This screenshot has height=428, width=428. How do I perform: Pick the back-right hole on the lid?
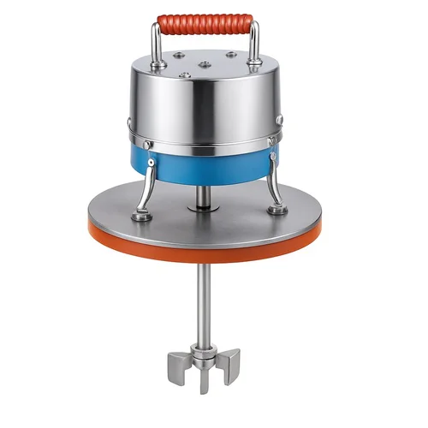230,55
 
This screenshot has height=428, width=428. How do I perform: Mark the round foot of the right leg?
276,209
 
